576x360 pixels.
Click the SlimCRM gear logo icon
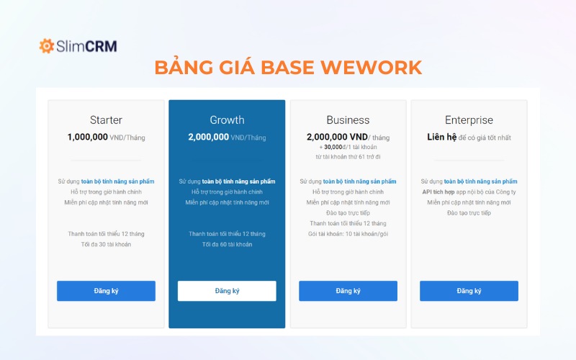click(47, 46)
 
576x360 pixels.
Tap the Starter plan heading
click(106, 120)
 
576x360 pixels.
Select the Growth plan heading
click(227, 120)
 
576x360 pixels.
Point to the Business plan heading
click(348, 120)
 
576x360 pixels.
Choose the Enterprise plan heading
click(469, 120)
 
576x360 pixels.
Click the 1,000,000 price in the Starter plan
click(88, 137)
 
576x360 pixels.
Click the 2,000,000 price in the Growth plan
click(209, 137)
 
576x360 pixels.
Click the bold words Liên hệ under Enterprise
click(442, 137)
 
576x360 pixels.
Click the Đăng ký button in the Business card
click(348, 291)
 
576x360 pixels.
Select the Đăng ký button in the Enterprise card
click(469, 291)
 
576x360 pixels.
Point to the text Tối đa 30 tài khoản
click(106, 244)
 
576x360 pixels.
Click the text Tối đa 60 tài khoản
click(227, 244)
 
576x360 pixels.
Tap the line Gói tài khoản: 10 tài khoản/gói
click(348, 234)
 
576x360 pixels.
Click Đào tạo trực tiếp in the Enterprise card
click(469, 213)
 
